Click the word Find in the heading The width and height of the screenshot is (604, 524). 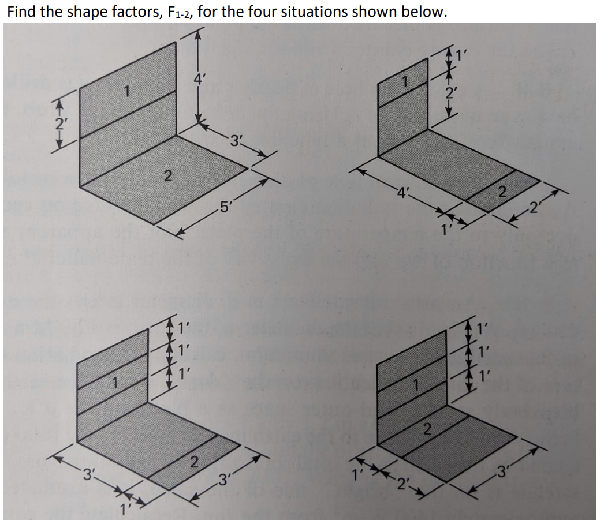pyautogui.click(x=21, y=12)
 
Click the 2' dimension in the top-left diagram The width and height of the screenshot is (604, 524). pyautogui.click(x=58, y=123)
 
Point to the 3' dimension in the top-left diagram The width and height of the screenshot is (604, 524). pyautogui.click(x=237, y=139)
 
